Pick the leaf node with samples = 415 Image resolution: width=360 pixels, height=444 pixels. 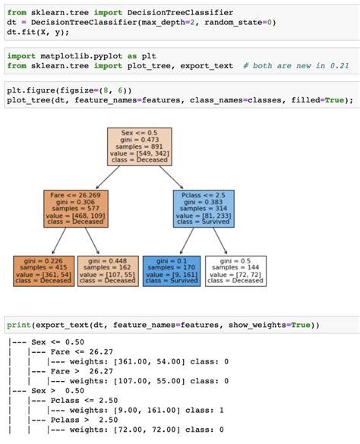pos(44,270)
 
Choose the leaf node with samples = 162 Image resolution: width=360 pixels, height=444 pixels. pos(108,270)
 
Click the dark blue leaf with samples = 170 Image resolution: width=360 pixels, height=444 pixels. pos(172,270)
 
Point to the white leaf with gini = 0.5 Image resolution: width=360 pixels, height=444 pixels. pos(236,270)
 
